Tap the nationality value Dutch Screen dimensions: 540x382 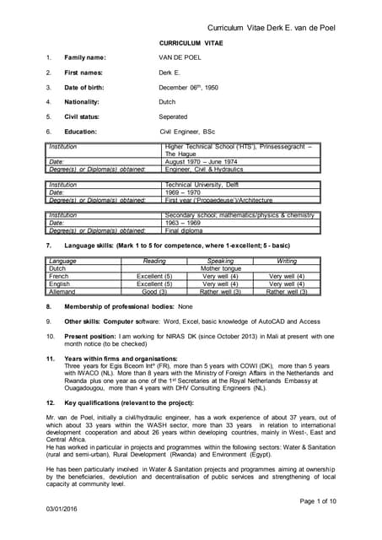(x=167, y=101)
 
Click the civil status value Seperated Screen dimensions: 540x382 (x=173, y=116)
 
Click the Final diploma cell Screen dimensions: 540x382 (x=183, y=229)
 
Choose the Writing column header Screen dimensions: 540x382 (x=287, y=262)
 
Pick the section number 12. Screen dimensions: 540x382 (x=50, y=382)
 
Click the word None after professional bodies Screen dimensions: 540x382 (x=186, y=306)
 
